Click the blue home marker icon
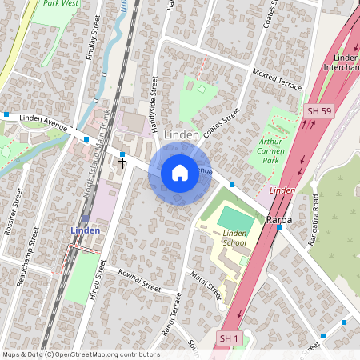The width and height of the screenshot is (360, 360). pyautogui.click(x=180, y=173)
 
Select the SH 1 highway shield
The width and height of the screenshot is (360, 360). pyautogui.click(x=230, y=340)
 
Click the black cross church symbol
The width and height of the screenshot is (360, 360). pyautogui.click(x=122, y=162)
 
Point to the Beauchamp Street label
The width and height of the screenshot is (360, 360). pyautogui.click(x=28, y=255)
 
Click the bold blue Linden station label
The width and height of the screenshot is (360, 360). pyautogui.click(x=85, y=230)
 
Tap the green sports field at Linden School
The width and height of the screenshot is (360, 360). pyautogui.click(x=235, y=218)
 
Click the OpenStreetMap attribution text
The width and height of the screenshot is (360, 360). pyautogui.click(x=80, y=354)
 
